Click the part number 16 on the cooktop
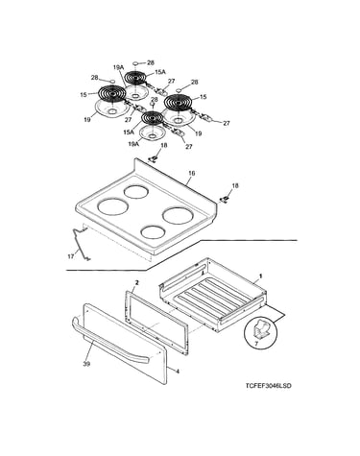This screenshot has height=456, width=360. click(x=192, y=174)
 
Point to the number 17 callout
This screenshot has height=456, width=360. click(x=71, y=256)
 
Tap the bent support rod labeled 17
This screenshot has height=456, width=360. click(x=80, y=244)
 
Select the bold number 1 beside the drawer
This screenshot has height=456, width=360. click(x=260, y=276)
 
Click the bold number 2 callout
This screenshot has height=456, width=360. click(x=137, y=282)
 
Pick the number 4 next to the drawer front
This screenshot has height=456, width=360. click(x=178, y=372)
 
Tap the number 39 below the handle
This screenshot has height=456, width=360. click(x=86, y=364)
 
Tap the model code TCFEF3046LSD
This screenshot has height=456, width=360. click(x=269, y=386)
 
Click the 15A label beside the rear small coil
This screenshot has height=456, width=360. click(x=160, y=72)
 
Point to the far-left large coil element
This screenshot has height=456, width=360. click(x=111, y=94)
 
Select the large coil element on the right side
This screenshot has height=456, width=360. click(x=179, y=102)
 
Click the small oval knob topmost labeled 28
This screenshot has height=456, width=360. click(x=135, y=63)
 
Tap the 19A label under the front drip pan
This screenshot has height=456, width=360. click(x=133, y=144)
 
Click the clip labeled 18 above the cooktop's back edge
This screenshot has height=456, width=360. click(x=155, y=157)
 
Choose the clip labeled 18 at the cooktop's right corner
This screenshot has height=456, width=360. click(x=226, y=199)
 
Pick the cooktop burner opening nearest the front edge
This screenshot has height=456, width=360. click(x=153, y=232)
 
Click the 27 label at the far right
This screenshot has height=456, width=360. click(x=227, y=123)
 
